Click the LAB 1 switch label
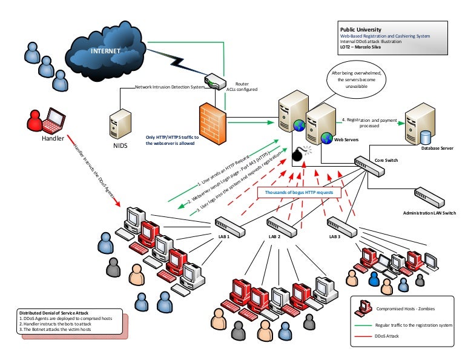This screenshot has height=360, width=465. [223, 236]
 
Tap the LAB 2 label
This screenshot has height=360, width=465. [274, 236]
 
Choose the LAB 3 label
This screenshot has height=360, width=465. [334, 236]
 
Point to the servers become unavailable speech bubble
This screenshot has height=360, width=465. [355, 81]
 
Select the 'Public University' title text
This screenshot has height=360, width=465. [360, 29]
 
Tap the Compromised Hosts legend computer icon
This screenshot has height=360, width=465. [365, 307]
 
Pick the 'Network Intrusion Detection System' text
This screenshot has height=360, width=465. [170, 87]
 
